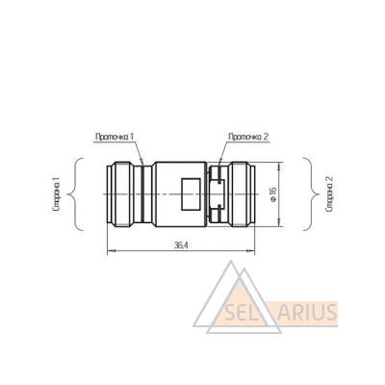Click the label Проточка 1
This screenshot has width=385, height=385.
click(x=115, y=137)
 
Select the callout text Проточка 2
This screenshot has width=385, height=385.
click(x=248, y=137)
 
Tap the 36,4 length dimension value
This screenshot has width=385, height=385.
click(x=181, y=245)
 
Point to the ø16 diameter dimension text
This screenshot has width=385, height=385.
click(x=273, y=194)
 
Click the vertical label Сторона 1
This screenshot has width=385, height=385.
click(x=57, y=195)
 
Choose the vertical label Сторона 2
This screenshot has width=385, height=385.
click(x=330, y=194)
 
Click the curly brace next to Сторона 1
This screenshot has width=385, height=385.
click(x=76, y=194)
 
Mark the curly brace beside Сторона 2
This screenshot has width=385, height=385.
click(x=311, y=194)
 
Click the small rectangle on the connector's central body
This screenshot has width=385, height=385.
click(x=191, y=193)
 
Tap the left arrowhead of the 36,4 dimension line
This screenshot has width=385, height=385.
click(x=111, y=251)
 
